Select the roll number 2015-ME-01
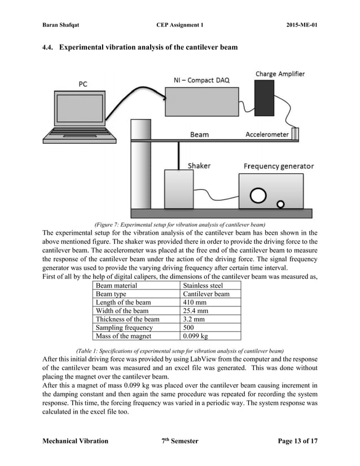[298, 25]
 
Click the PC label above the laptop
[82, 84]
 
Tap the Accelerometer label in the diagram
[267, 134]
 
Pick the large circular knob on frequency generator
[258, 195]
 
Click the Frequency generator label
[278, 166]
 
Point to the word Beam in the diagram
[199, 135]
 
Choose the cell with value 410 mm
[195, 302]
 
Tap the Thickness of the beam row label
[128, 319]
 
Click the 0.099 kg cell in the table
[195, 336]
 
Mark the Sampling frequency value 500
[190, 328]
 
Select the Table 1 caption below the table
[180, 350]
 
